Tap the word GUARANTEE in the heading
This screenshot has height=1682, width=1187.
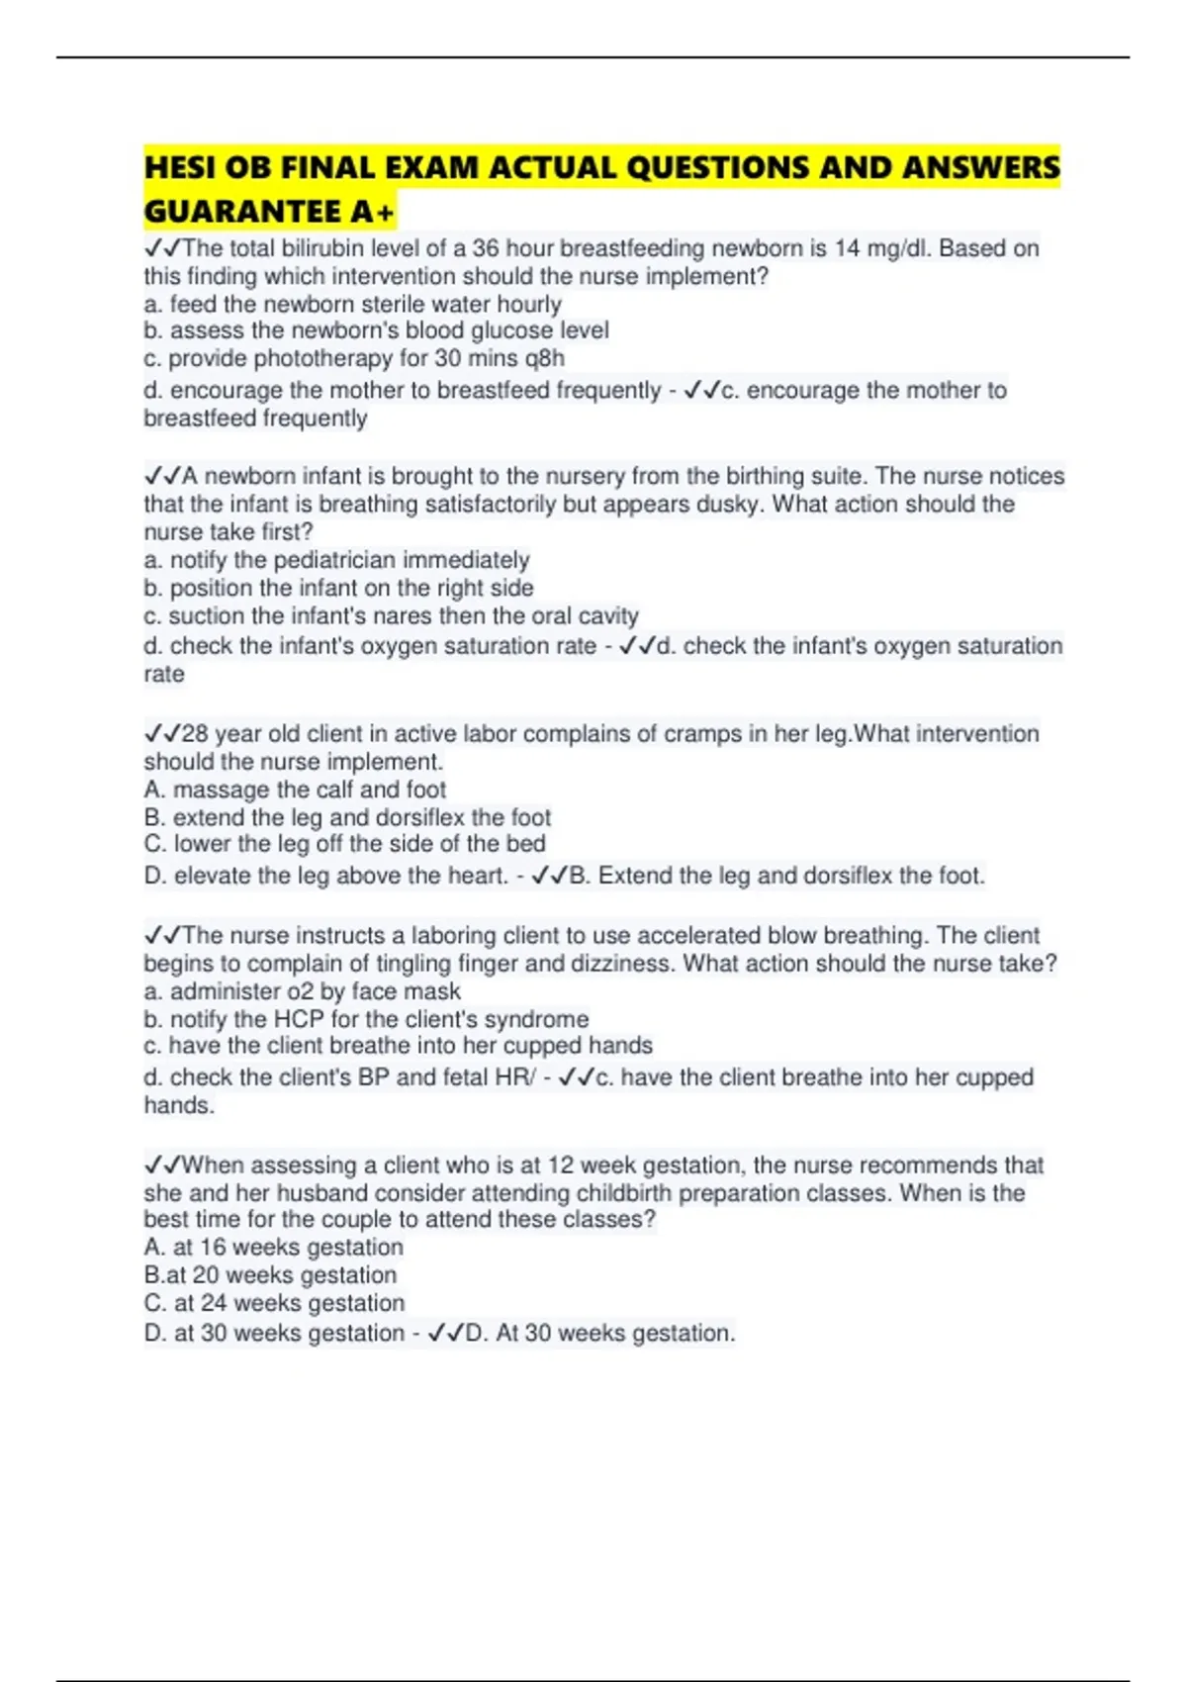242,212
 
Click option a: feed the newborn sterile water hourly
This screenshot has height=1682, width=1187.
352,304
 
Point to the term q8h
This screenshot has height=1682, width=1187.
545,358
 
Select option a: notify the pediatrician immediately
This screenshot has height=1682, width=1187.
336,560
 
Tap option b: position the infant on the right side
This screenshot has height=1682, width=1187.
338,588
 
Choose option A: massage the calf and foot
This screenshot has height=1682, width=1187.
295,790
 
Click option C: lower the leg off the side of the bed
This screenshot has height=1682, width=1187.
344,844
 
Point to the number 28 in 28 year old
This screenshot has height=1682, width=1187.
195,734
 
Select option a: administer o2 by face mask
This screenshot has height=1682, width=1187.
302,991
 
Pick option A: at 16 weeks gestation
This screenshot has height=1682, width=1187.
273,1247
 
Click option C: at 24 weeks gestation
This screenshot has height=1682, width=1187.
274,1303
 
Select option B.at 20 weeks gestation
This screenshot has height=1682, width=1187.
270,1275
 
